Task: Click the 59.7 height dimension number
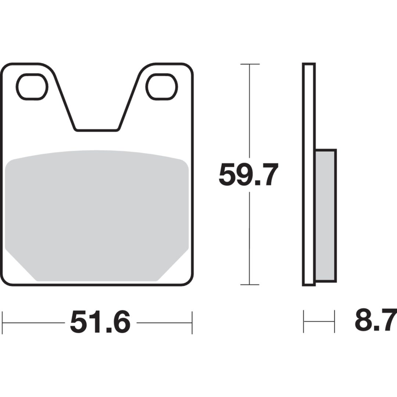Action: (x=248, y=175)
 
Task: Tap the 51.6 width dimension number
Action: (x=100, y=322)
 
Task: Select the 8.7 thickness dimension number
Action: (x=376, y=320)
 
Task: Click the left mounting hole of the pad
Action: (x=32, y=87)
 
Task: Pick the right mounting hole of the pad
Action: (x=161, y=87)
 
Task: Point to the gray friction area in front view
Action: (x=97, y=215)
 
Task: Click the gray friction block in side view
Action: (x=326, y=216)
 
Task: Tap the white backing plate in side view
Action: (x=309, y=174)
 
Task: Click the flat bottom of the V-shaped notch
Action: (x=97, y=130)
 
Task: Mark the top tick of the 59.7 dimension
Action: (x=250, y=64)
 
